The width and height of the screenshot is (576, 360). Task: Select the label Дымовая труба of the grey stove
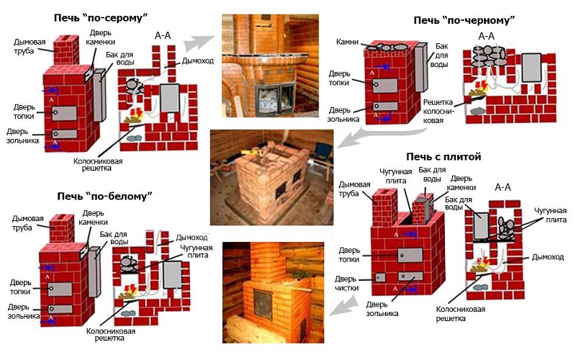point(29,45)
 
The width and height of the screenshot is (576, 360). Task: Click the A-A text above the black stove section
point(487,35)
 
